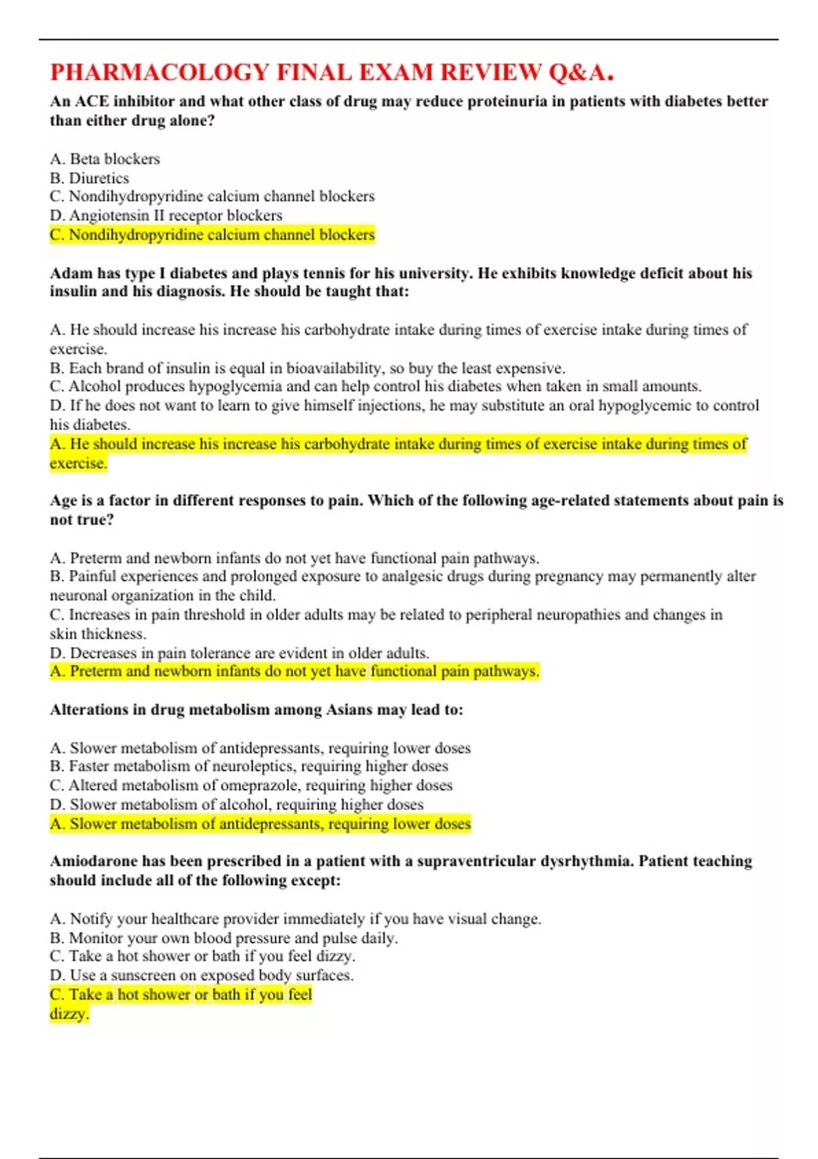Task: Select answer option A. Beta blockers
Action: [x=105, y=159]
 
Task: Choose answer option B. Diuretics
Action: [x=89, y=178]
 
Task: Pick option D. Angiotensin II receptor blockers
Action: [x=166, y=215]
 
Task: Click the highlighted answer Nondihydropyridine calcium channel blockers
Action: [x=212, y=235]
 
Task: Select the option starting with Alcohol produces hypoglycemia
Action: [x=375, y=387]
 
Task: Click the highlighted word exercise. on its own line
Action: [x=78, y=464]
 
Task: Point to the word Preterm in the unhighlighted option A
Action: [x=95, y=558]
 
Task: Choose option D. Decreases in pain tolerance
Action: [x=239, y=653]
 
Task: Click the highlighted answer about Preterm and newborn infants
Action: [x=294, y=672]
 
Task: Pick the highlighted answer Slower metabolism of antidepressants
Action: [x=260, y=824]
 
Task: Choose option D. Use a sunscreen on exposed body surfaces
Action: [x=201, y=976]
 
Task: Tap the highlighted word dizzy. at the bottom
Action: [x=69, y=1014]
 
